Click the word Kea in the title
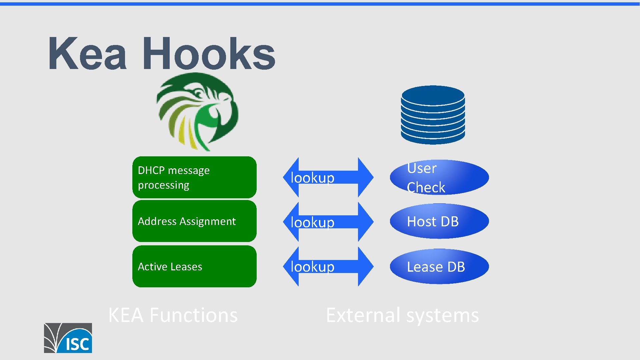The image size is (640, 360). pos(87,54)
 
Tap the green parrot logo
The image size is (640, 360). pos(197,112)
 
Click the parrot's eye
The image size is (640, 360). pos(199,92)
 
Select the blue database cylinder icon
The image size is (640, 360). pos(433,115)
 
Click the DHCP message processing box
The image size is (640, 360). pos(194,177)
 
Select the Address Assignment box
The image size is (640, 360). pos(194,221)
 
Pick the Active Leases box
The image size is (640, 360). pos(194,266)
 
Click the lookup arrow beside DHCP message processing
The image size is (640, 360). pos(328,177)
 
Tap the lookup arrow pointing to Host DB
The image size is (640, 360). pos(328,222)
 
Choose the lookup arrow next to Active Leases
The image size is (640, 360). pos(328,266)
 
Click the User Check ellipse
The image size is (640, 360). pos(439,177)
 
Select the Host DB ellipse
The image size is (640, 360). pos(439,221)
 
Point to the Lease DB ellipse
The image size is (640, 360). pos(439,266)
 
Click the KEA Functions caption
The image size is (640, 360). pos(173,315)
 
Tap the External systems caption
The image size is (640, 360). pos(402,315)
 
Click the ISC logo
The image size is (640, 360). pos(68,338)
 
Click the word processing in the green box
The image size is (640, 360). pos(163,185)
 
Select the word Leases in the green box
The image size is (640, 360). pos(186,267)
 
